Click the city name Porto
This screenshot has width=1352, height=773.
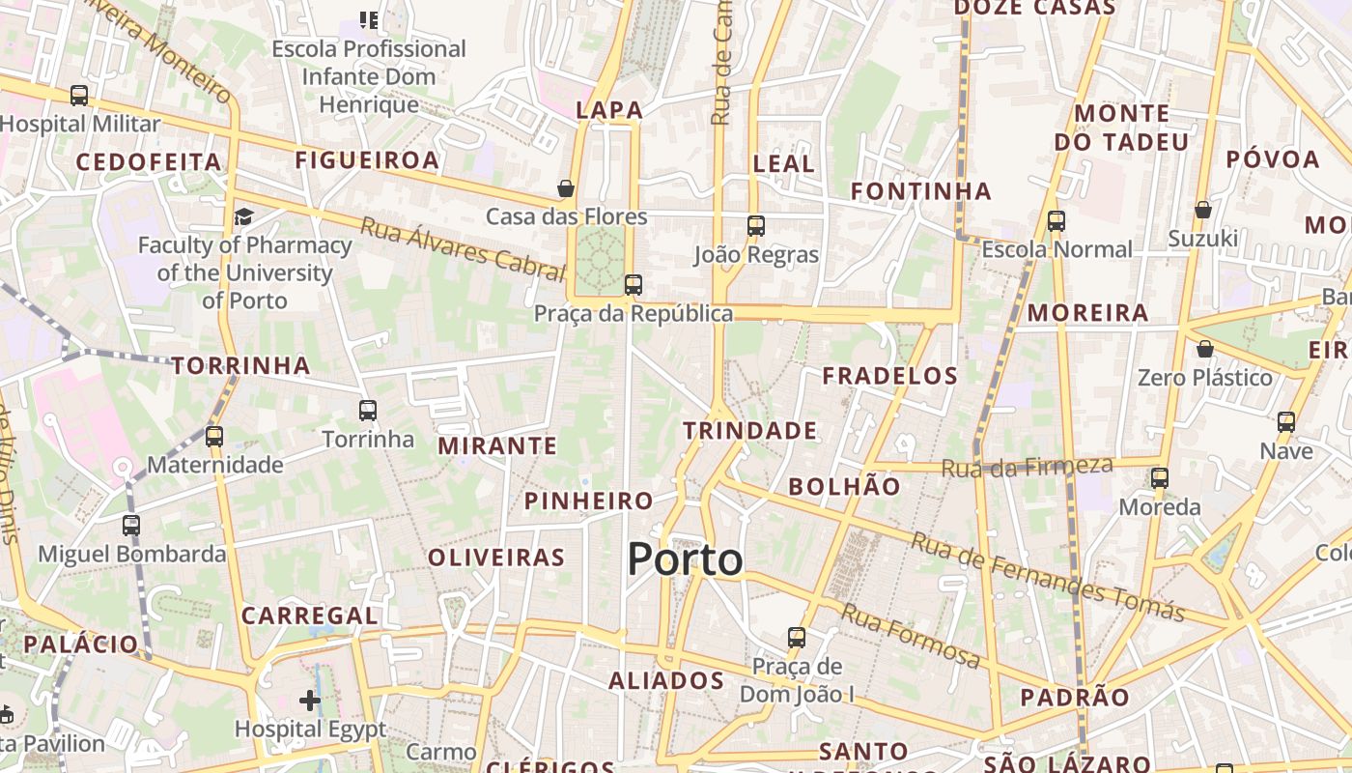point(686,559)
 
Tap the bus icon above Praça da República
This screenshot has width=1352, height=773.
point(634,285)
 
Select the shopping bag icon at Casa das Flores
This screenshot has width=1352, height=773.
point(566,188)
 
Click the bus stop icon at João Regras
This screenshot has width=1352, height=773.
point(755,226)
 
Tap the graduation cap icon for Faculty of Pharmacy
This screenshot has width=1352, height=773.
point(243,216)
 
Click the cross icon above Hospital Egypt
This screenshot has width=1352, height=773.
point(310,700)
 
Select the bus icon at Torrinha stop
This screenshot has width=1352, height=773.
point(368,411)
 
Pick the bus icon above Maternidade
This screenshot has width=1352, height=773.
point(214,437)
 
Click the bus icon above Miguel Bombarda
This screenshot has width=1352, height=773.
point(131,526)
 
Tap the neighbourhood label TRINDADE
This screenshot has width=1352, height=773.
point(750,431)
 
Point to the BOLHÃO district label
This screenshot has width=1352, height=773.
point(844,487)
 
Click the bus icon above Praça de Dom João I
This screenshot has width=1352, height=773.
point(797,638)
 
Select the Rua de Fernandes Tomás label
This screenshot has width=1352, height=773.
point(1048,577)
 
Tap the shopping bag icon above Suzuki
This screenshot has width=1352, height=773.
point(1203,209)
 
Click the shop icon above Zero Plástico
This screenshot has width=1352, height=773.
point(1204,349)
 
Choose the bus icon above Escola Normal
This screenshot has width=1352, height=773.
point(1056,221)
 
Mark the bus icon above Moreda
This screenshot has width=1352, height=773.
point(1160,477)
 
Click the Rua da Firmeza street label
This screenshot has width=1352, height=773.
point(1027,468)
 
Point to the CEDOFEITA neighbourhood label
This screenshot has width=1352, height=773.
point(149,162)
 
